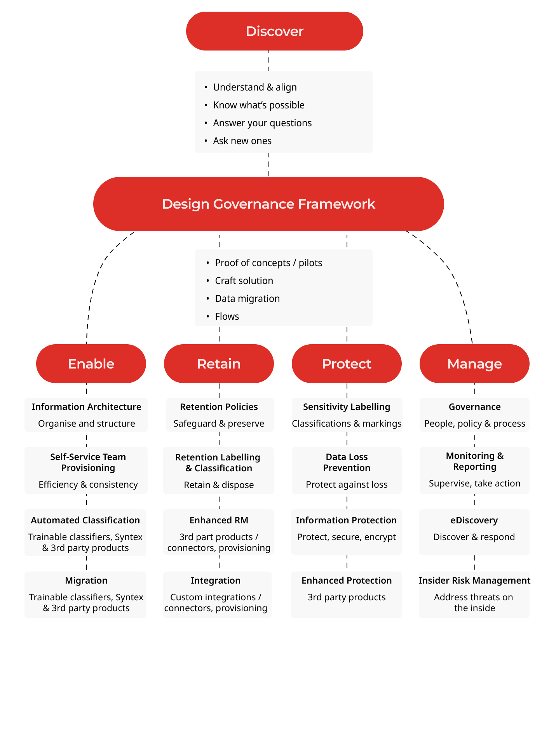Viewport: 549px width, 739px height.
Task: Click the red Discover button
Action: [274, 31]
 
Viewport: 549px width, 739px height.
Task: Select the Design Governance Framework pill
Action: [268, 204]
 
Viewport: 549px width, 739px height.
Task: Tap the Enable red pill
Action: [91, 364]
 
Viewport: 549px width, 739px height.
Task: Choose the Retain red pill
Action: [219, 364]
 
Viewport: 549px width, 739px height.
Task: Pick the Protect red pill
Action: [347, 364]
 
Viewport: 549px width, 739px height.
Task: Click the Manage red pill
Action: [474, 364]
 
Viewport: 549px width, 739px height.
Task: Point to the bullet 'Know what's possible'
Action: [258, 105]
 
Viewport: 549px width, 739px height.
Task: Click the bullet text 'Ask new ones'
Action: [242, 141]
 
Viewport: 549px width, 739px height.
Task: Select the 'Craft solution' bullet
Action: [244, 281]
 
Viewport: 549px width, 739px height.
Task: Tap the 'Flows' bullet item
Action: [227, 316]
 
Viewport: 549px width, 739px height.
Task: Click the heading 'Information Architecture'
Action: [86, 407]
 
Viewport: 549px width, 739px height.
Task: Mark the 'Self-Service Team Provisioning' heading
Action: [88, 462]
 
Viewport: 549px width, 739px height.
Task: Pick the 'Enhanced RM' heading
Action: [219, 520]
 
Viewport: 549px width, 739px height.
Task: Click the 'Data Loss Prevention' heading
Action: [347, 462]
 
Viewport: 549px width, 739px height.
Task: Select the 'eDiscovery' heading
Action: [474, 520]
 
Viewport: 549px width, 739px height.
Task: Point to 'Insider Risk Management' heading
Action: [474, 580]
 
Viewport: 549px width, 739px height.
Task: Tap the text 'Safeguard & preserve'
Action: [219, 424]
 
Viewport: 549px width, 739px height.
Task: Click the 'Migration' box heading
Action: [86, 580]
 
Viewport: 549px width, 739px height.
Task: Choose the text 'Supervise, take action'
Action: [474, 483]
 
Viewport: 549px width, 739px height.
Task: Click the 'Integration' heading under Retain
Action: [216, 580]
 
